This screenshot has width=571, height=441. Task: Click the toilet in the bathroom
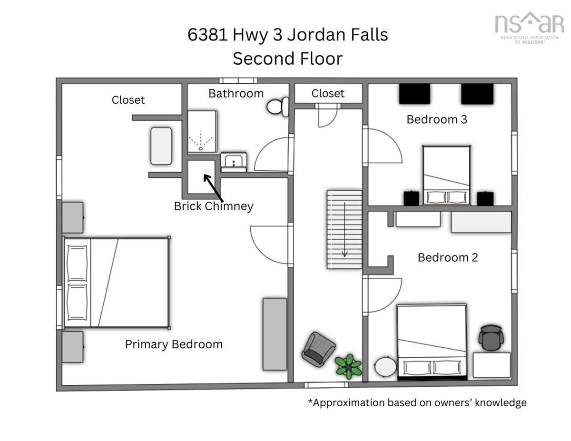pos(278,107)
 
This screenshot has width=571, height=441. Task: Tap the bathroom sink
pos(233,162)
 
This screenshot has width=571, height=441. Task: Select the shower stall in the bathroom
pos(202,132)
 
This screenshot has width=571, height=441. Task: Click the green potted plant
pos(348,366)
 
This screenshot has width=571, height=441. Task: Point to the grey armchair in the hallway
pos(318,349)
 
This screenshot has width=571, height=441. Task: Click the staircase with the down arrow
pos(344,229)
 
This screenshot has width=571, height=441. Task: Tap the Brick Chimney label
pos(213,206)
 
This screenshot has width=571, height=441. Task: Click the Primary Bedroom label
pos(174,344)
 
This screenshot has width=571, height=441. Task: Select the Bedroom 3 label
pos(437,119)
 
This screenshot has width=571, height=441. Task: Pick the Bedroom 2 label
pos(448,257)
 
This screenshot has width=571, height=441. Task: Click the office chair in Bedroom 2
pos(491,338)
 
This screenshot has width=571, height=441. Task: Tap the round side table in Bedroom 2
pos(385,367)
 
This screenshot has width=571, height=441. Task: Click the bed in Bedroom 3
pos(446,175)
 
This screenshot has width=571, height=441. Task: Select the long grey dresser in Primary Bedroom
pos(275,334)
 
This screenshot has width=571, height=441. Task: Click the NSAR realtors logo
pos(529,28)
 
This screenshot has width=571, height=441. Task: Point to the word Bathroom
pos(236,94)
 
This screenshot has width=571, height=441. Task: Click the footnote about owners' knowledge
pos(417,402)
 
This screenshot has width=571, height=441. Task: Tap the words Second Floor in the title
pos(287,59)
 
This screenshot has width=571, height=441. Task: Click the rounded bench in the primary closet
pos(161,146)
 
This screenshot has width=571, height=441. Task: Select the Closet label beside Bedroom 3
pos(328,94)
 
